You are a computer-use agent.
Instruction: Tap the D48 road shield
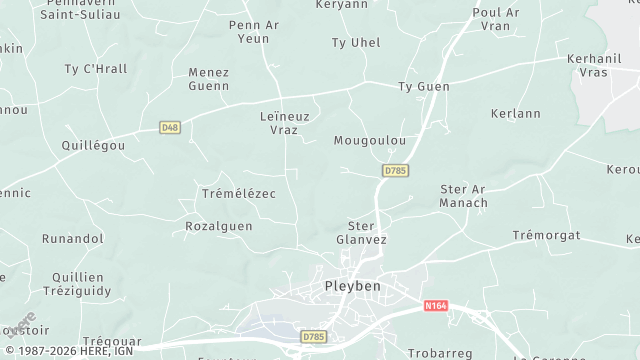coord(170,127)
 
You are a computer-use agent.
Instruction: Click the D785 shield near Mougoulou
coord(395,171)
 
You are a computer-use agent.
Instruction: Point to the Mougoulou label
coord(370,141)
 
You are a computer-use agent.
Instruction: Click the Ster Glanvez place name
coord(361,233)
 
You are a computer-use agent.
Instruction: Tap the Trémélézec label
coord(238,193)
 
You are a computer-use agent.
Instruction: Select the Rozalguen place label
coord(219,227)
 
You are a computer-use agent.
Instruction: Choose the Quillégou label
coord(93,145)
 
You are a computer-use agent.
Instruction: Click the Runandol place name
coord(72,239)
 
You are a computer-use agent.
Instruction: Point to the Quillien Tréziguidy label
coord(78,283)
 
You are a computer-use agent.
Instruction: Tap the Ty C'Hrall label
coord(96,69)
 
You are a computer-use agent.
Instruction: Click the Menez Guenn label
coord(209,79)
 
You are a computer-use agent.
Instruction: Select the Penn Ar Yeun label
coord(254,31)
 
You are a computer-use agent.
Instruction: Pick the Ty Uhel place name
coord(356,43)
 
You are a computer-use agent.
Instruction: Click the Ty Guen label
coord(424,88)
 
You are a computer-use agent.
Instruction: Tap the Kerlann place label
coord(516,114)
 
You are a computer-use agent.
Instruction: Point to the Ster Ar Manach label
coord(464,196)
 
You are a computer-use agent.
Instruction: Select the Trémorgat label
coord(546,235)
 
